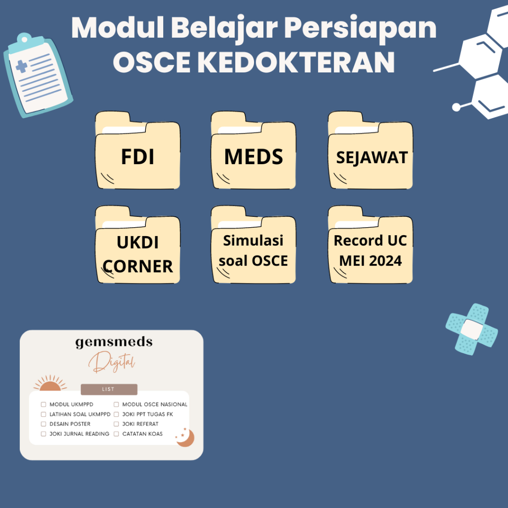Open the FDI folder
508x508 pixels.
pos(137,157)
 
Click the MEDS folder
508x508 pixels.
pos(254,157)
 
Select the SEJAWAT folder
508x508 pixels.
pos(371,157)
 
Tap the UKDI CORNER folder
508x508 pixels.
pos(137,254)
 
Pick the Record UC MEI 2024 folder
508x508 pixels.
pos(371,251)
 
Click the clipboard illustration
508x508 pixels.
pos(37,74)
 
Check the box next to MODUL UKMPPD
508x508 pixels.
pos(44,404)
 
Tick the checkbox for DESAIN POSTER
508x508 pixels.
pos(44,424)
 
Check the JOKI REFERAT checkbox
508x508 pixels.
pos(117,424)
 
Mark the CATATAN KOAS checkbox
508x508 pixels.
pos(117,434)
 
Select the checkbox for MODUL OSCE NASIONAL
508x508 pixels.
pos(117,404)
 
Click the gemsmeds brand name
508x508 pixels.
pos(114,342)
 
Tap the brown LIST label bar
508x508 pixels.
pos(109,389)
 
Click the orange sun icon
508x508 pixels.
pos(50,384)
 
